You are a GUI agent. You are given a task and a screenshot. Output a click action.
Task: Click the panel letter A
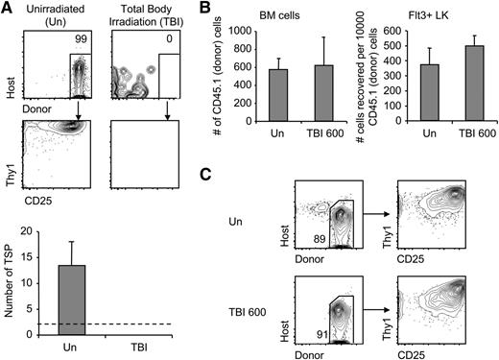(8, 9)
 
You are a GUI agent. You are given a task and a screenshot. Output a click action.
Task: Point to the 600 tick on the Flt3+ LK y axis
(392, 30)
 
